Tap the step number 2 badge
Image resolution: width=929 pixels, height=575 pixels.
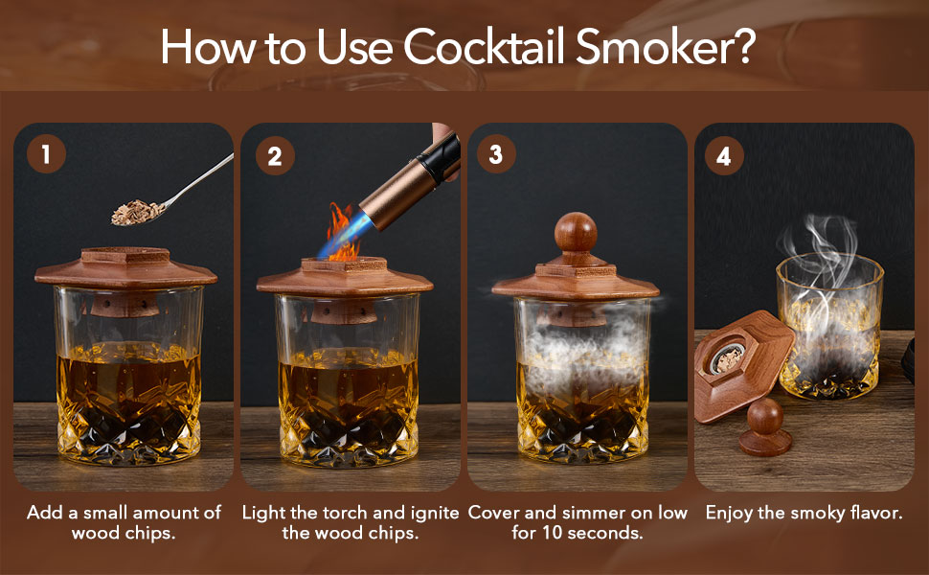(x=275, y=154)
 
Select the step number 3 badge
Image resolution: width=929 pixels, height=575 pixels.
(x=495, y=154)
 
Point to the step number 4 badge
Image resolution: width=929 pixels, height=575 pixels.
(x=723, y=154)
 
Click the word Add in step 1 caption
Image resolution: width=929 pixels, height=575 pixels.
(x=43, y=513)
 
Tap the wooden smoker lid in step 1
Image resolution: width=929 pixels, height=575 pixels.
(x=125, y=269)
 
